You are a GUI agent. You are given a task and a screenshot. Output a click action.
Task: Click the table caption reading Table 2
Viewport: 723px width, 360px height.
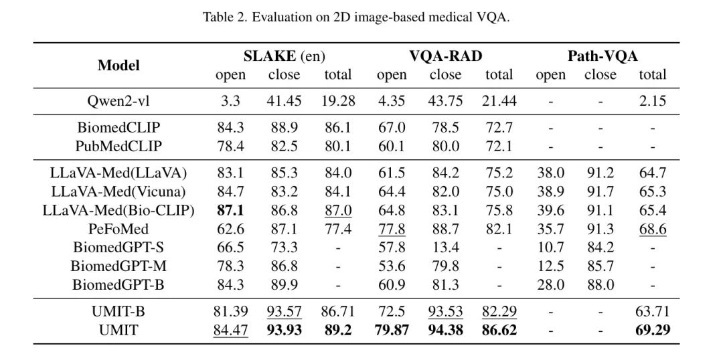click(x=356, y=17)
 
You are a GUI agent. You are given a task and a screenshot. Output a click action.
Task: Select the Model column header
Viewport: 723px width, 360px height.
click(x=118, y=66)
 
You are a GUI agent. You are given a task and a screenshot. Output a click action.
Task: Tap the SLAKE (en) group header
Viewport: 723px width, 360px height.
click(x=284, y=56)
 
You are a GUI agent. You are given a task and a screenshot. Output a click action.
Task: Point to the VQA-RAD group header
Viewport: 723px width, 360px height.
click(x=445, y=56)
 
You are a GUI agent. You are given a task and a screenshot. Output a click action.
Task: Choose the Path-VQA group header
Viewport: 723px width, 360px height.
click(x=602, y=56)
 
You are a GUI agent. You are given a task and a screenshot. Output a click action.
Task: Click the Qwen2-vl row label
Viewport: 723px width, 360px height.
click(x=118, y=101)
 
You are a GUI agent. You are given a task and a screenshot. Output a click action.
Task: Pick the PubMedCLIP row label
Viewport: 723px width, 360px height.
click(x=118, y=146)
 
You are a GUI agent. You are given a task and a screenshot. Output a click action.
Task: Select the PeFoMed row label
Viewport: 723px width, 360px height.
click(x=118, y=229)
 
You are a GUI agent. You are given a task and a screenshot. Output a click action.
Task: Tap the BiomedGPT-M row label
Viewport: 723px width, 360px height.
click(x=118, y=266)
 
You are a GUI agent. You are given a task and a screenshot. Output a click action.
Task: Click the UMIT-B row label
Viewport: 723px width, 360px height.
click(x=118, y=312)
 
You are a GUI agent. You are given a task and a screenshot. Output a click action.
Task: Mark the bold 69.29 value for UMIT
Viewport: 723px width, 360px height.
click(x=653, y=331)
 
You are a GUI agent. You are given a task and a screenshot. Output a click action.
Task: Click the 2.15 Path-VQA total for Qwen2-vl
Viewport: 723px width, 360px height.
click(x=653, y=101)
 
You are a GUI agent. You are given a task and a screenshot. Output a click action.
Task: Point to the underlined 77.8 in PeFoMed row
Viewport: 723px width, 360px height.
click(x=392, y=229)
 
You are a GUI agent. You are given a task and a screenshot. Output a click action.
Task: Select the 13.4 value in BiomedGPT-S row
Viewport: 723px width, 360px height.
click(x=445, y=248)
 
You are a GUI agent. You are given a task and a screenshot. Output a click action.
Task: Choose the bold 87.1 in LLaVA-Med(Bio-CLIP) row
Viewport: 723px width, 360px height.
click(x=230, y=210)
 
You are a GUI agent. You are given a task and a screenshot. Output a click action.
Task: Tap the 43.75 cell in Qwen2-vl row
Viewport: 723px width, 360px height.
click(x=445, y=101)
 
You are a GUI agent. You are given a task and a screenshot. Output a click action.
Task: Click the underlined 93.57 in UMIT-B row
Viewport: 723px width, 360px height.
click(x=284, y=312)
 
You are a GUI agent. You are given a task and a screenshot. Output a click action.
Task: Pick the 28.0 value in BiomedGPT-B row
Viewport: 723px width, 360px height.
click(x=550, y=284)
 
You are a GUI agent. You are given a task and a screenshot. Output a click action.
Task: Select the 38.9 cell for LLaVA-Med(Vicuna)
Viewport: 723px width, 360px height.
click(x=550, y=191)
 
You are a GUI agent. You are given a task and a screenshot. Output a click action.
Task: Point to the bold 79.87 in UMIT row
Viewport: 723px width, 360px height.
click(x=392, y=331)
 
